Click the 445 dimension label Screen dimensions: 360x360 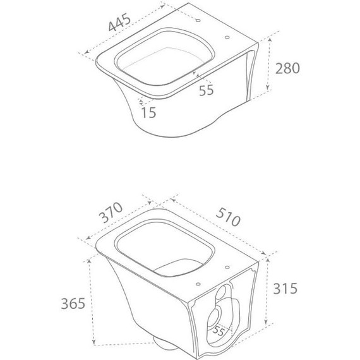(119, 22)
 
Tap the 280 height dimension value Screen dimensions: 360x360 (287, 68)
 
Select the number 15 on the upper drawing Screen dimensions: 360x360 (148, 112)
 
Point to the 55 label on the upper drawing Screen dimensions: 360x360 (206, 90)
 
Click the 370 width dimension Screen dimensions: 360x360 (111, 212)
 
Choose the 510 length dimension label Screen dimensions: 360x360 (228, 217)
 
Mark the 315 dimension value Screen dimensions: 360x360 (285, 289)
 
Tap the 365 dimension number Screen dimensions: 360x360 (73, 303)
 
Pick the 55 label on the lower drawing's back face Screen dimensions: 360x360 (218, 331)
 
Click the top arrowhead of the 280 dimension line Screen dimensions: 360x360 (270, 40)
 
